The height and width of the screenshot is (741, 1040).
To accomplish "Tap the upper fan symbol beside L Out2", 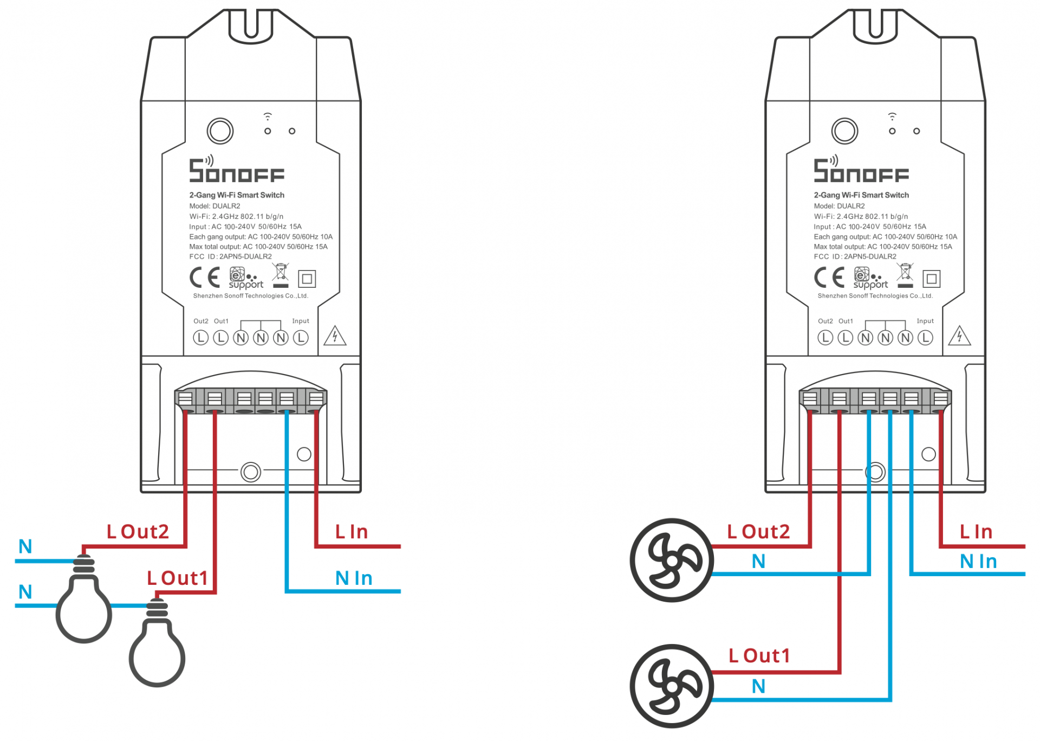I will [672, 560].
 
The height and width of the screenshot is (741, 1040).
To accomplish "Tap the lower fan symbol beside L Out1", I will [672, 686].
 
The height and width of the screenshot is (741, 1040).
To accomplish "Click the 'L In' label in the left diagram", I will [352, 532].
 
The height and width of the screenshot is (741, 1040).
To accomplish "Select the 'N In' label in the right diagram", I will [978, 562].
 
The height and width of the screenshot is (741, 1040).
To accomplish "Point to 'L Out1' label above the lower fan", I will [759, 656].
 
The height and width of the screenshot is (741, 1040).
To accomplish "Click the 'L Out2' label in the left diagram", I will [138, 532].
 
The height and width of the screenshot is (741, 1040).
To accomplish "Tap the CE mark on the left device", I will [205, 278].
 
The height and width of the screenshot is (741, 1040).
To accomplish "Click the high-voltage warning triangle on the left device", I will [335, 336].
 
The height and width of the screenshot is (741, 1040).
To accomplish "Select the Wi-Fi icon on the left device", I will [268, 117].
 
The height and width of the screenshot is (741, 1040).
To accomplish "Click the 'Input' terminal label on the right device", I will [925, 321].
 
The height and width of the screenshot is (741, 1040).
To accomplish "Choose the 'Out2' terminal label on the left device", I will [200, 321].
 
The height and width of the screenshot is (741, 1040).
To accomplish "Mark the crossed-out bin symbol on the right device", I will [905, 274].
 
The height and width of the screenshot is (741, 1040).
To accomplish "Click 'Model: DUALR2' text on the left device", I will [214, 206].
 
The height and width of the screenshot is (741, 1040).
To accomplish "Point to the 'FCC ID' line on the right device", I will [855, 256].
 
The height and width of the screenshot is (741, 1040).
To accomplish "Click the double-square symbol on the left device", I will [307, 279].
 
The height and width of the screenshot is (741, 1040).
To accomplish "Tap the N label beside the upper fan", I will [758, 562].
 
